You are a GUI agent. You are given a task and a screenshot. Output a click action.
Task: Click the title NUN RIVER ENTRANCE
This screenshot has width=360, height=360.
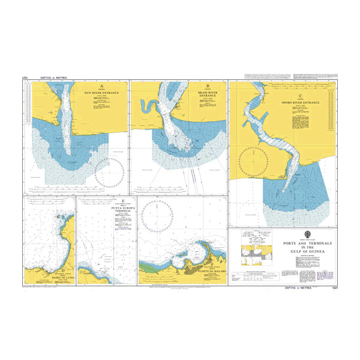[x=102, y=94]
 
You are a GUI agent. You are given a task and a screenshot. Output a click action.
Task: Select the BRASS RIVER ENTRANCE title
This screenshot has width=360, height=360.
[x=207, y=95]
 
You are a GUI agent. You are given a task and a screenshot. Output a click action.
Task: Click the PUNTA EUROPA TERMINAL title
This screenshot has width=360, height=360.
[x=122, y=209]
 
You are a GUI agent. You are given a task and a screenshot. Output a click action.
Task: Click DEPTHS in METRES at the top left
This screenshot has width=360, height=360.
[x=51, y=78]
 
